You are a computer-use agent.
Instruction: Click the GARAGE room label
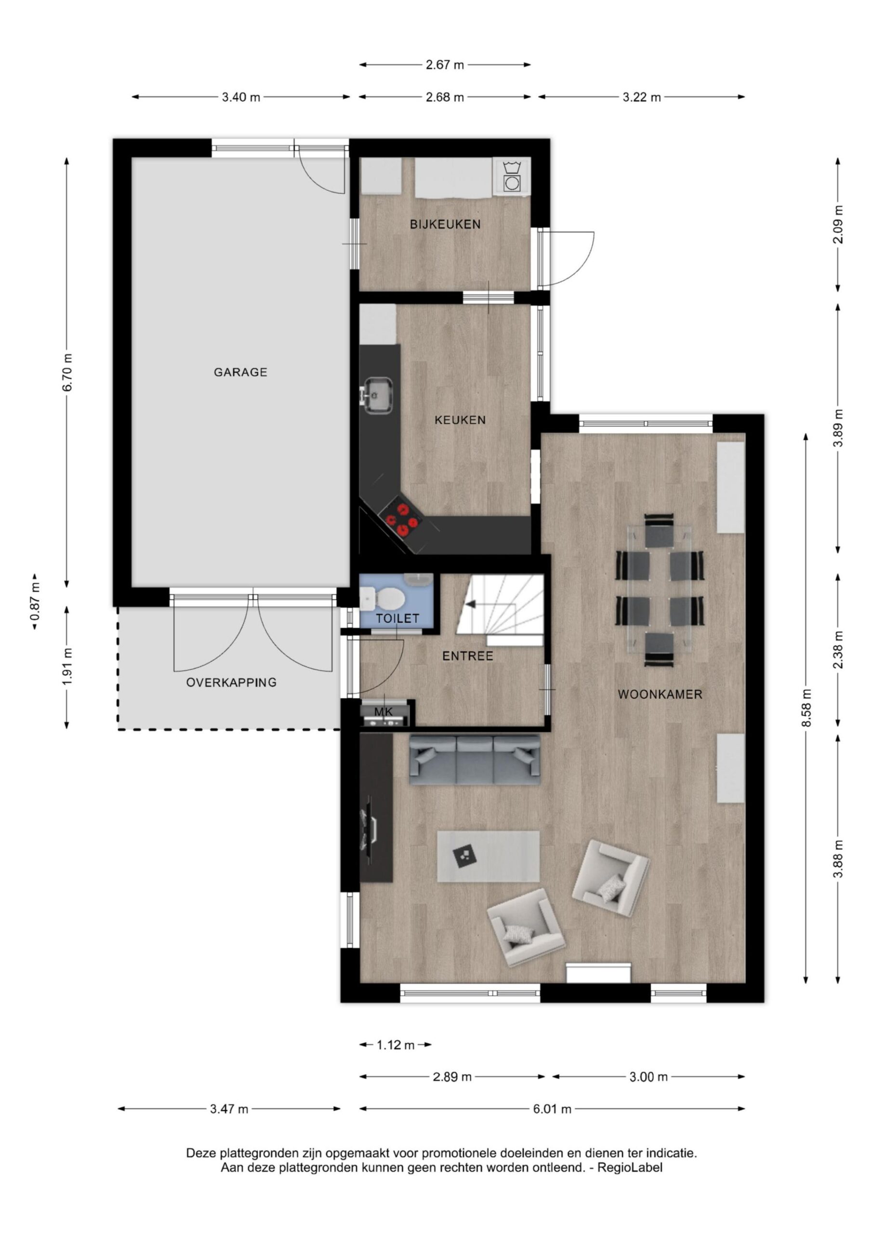click(240, 372)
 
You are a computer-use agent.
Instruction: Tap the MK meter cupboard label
click(383, 711)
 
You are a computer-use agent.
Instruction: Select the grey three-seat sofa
click(475, 759)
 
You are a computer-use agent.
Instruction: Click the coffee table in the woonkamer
click(488, 856)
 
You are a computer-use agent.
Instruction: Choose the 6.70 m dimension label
click(67, 373)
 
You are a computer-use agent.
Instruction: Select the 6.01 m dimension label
click(552, 1109)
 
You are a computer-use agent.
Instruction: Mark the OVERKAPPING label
click(231, 682)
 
